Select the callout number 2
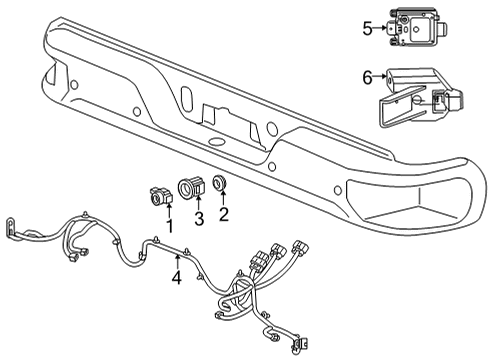(224, 212)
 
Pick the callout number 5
(368, 29)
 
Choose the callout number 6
(367, 76)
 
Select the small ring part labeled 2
(220, 184)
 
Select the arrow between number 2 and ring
(222, 198)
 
